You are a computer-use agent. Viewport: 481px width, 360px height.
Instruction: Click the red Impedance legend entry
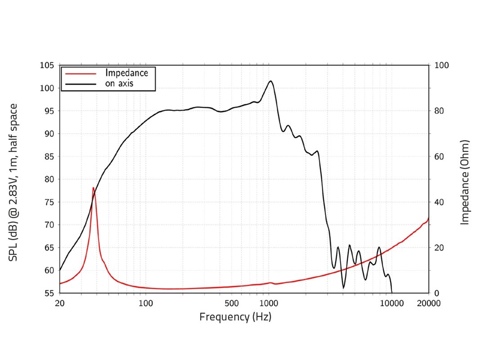click(x=127, y=73)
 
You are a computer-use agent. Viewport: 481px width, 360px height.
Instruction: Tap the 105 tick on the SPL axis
click(x=47, y=65)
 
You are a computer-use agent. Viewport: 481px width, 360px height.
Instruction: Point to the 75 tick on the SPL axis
click(x=49, y=202)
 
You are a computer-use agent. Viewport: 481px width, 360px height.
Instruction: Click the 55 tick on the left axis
click(x=49, y=293)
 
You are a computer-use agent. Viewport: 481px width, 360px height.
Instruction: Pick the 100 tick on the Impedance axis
click(x=442, y=65)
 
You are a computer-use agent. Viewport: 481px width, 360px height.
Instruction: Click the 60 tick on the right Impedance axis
click(x=440, y=157)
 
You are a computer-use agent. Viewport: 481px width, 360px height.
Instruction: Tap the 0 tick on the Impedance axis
click(x=437, y=293)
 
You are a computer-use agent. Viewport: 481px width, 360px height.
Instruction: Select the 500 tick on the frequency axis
click(x=231, y=303)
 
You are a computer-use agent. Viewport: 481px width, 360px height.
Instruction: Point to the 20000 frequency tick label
click(x=429, y=303)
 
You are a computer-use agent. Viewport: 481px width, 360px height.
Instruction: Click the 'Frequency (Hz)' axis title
click(x=235, y=317)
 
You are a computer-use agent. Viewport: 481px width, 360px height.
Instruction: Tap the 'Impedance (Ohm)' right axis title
click(x=465, y=183)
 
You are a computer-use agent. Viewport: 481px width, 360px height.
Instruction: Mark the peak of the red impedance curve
click(x=93, y=187)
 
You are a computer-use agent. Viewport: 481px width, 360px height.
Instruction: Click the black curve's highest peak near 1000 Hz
click(x=271, y=81)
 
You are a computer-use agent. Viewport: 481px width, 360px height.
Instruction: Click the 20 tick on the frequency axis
click(x=60, y=303)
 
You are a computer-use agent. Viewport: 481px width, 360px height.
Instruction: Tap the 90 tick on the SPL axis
click(x=49, y=134)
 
